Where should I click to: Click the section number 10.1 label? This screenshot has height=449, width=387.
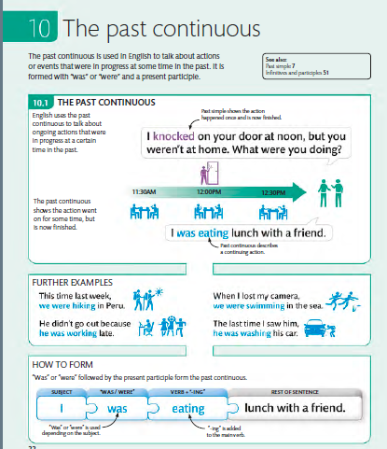37,101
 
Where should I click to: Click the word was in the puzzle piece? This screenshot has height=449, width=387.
117,408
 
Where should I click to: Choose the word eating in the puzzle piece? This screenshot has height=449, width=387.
187,408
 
